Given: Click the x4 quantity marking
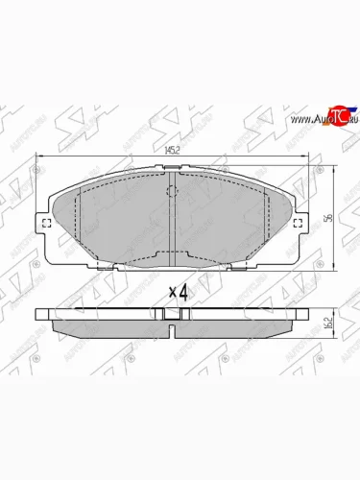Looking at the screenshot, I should (179, 290).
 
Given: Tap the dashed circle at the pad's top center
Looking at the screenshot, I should (173, 191).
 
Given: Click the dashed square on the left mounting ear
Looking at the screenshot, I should (48, 226).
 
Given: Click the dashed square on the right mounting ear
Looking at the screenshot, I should (300, 226).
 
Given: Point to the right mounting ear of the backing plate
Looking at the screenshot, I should (302, 227).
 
